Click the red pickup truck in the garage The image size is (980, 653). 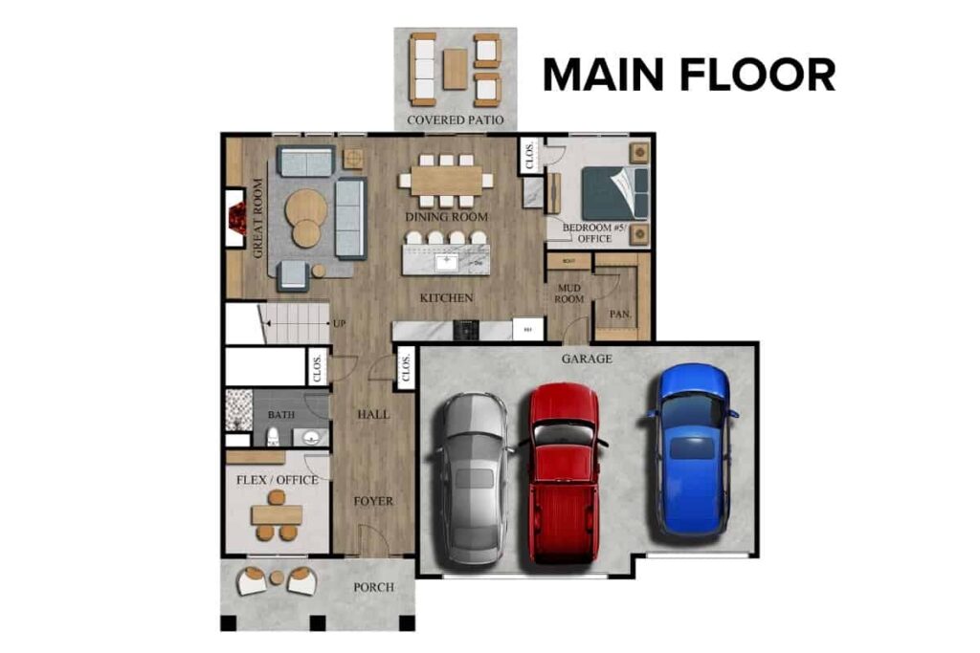565,472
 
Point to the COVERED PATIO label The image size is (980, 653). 456,120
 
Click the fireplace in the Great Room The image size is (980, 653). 235,219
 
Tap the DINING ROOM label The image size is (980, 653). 446,217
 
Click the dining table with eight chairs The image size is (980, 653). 446,179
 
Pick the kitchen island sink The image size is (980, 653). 447,260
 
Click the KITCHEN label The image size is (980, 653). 446,298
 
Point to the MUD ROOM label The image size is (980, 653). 569,293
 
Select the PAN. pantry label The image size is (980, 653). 619,314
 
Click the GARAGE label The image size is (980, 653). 587,359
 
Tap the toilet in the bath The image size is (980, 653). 273,437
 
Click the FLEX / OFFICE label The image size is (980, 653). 277,479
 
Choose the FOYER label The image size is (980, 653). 372,501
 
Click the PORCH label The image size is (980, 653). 372,586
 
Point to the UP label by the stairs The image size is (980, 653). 339,323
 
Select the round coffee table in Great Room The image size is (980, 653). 305,206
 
